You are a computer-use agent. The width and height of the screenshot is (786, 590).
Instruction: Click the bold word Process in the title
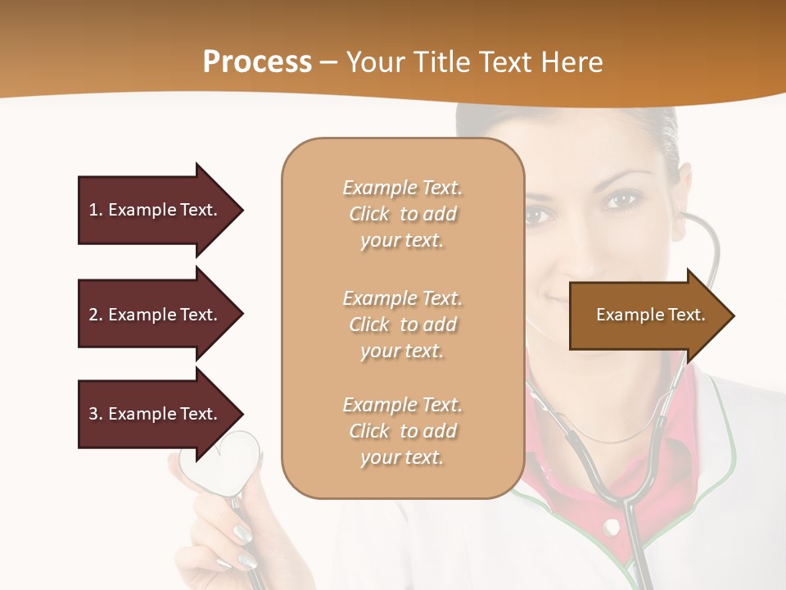tap(257, 62)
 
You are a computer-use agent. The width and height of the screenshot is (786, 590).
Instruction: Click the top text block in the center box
tap(402, 214)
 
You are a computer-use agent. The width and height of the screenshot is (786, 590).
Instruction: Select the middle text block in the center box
tap(402, 324)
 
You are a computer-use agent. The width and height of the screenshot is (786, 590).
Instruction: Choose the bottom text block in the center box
tap(402, 431)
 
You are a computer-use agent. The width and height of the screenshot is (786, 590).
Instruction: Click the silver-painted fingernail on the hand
tap(243, 533)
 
